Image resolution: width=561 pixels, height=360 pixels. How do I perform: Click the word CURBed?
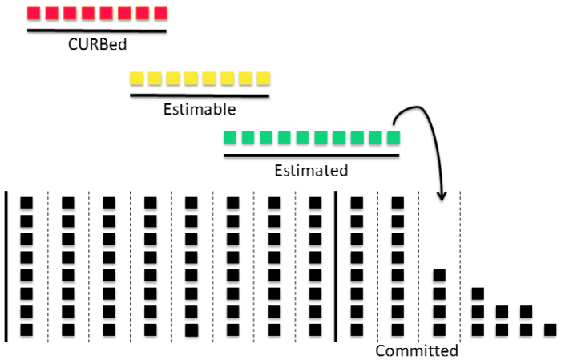pyautogui.click(x=96, y=45)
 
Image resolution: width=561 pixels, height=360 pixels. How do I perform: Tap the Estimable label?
pyautogui.click(x=199, y=108)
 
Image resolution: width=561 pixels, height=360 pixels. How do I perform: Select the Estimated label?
pyautogui.click(x=311, y=170)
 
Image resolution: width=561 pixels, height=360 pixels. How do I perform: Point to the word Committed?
pyautogui.click(x=417, y=350)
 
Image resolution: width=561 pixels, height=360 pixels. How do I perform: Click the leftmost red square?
pyautogui.click(x=34, y=14)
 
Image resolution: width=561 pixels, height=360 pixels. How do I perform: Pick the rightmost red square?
pyautogui.click(x=160, y=14)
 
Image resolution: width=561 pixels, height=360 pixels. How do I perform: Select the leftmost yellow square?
pyautogui.click(x=137, y=79)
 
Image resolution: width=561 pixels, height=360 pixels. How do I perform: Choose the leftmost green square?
pyautogui.click(x=231, y=138)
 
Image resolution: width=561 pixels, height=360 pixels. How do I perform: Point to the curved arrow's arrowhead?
pyautogui.click(x=440, y=196)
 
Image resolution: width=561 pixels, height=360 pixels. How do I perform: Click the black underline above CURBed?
pyautogui.click(x=96, y=31)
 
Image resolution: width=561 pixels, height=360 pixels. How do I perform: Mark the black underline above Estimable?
pyautogui.click(x=200, y=95)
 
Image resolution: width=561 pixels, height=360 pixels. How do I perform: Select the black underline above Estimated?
pyautogui.click(x=311, y=156)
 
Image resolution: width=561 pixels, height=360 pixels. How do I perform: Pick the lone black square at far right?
pyautogui.click(x=550, y=330)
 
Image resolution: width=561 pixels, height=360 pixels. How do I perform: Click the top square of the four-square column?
pyautogui.click(x=439, y=276)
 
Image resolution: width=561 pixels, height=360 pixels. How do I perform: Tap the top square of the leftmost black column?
pyautogui.click(x=26, y=203)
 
